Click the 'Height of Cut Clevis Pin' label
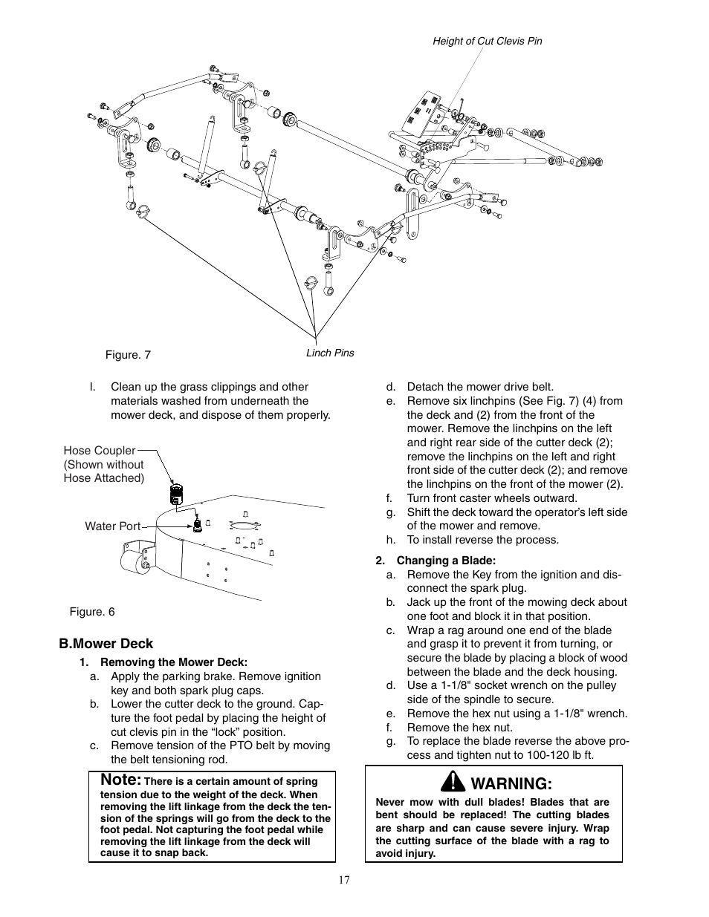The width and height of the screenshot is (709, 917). (x=487, y=41)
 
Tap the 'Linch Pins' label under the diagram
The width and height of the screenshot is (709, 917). (x=330, y=353)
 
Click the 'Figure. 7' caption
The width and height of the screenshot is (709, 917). (x=128, y=355)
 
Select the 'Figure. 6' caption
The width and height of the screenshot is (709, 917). (x=92, y=612)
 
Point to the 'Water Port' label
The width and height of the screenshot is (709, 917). (x=112, y=526)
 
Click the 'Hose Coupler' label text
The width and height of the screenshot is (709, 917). (x=100, y=451)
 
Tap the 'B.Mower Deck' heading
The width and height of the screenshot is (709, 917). (x=106, y=644)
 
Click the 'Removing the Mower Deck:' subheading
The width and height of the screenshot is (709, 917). (x=173, y=662)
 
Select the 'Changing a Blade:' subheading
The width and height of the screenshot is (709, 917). (x=445, y=561)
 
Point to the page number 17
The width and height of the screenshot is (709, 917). (x=343, y=881)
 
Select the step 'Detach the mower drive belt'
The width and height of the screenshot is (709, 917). (x=479, y=387)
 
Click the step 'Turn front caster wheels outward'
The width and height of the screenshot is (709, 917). (x=491, y=498)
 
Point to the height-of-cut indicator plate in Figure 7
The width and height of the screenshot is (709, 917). (x=421, y=114)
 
